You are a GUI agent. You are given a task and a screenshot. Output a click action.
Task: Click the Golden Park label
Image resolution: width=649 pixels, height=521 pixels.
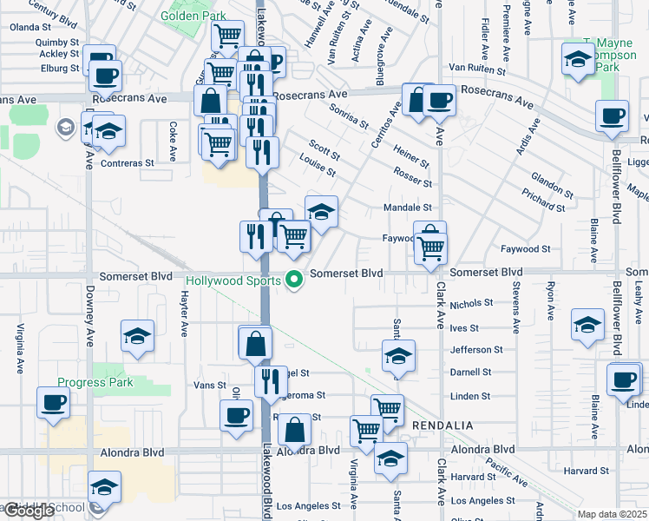coord(194,16)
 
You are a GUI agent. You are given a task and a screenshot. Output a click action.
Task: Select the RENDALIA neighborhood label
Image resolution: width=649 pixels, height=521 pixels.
coord(442,425)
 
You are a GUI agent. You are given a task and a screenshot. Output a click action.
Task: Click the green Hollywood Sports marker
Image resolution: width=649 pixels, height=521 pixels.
coord(295,280)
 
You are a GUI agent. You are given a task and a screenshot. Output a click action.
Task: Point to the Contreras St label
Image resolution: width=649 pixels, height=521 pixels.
coord(128,162)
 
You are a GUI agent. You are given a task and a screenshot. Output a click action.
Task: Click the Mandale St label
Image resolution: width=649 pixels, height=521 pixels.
coord(408,208)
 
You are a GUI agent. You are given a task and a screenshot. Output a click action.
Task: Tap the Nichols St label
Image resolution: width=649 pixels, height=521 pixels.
coord(471,304)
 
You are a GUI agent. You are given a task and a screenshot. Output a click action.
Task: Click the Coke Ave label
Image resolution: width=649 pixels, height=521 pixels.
coord(173,141)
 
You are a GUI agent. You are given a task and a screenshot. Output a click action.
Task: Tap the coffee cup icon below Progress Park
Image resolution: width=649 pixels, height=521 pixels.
coord(53,403)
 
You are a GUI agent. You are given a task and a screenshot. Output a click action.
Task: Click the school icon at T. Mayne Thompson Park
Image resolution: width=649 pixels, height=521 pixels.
coord(577,59)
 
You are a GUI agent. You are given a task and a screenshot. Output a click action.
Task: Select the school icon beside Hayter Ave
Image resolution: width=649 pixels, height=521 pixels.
coord(137,336)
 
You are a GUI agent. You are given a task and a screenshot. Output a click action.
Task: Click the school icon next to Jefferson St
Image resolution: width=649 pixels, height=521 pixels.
coord(399,356)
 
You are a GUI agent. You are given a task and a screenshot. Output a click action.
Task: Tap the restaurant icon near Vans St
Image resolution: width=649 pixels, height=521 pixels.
coord(271,381)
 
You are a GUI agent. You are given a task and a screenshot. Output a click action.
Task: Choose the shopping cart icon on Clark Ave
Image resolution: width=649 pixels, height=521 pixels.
coord(430,248)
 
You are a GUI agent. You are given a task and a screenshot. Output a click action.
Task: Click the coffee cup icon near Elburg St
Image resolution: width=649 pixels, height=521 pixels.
coord(105,76)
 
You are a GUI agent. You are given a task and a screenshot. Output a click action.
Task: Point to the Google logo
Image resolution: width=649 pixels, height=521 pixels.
coord(28,511)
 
